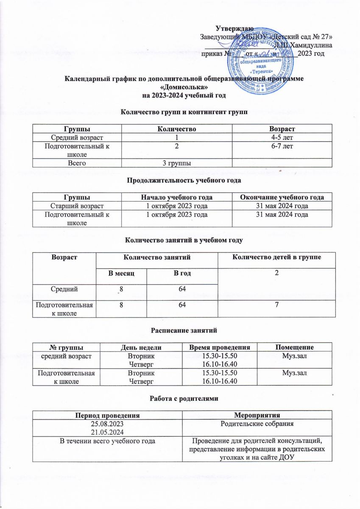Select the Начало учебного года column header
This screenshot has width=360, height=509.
(176, 197)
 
